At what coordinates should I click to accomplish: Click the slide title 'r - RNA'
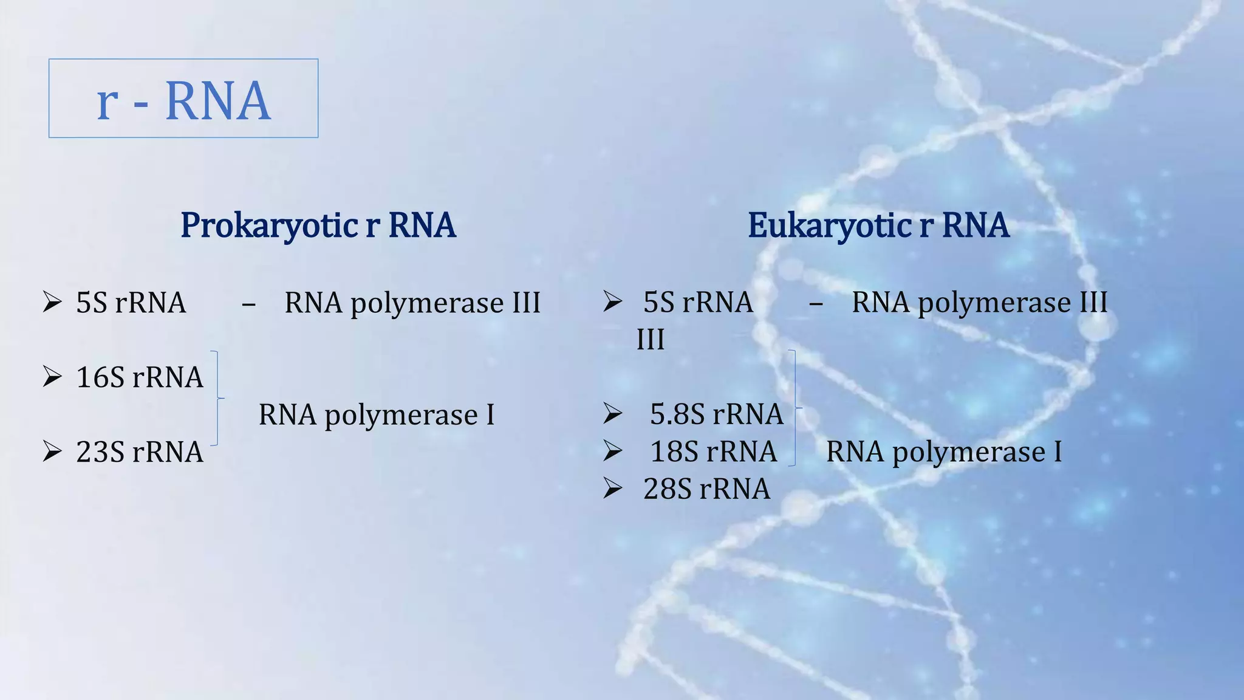coord(183,100)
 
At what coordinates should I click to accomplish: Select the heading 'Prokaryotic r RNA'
coord(318,225)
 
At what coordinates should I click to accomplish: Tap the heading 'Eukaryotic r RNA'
coord(878,225)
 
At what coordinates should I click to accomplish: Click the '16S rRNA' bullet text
coord(139,377)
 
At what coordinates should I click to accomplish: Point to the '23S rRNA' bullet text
coord(139,452)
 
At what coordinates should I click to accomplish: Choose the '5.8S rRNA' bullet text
coord(716,414)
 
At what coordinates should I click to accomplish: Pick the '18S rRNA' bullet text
coord(713,451)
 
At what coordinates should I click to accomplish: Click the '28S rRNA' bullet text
coord(706,489)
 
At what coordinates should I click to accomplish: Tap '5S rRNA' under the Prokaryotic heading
coord(131,303)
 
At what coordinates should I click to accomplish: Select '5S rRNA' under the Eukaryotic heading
coord(698,302)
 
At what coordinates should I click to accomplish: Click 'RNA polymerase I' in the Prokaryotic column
coord(377,415)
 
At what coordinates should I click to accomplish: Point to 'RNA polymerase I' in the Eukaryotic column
coord(944,452)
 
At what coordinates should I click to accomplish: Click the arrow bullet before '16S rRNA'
coord(52,377)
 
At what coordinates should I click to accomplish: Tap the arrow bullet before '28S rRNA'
coord(612,489)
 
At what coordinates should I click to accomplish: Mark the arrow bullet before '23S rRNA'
coord(52,452)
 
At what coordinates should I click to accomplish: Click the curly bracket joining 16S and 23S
coord(217,399)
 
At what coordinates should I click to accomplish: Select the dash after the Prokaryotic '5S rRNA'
coord(248,304)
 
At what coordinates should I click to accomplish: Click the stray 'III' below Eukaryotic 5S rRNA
coord(650,340)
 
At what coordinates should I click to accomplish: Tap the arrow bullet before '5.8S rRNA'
coord(612,414)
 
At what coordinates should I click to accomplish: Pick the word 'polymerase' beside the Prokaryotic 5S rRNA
coord(427,303)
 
